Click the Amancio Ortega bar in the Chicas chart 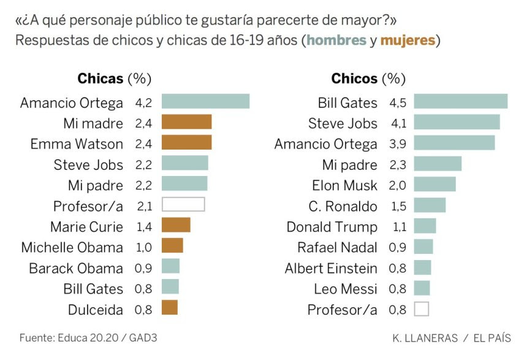pos(205,101)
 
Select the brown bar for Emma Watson pos(186,143)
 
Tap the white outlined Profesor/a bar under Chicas pos(183,205)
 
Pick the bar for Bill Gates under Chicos pos(461,101)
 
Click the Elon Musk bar pos(435,185)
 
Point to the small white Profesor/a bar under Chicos pos(421,309)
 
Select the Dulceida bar pos(170,308)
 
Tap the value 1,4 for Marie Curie pos(143,226)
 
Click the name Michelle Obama pos(72,247)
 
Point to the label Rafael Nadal pos(338,248)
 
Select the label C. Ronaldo pos(343,206)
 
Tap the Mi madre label pos(93,123)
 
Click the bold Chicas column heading pos(100,79)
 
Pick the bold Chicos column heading pos(354,79)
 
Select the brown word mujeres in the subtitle pos(408,40)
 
